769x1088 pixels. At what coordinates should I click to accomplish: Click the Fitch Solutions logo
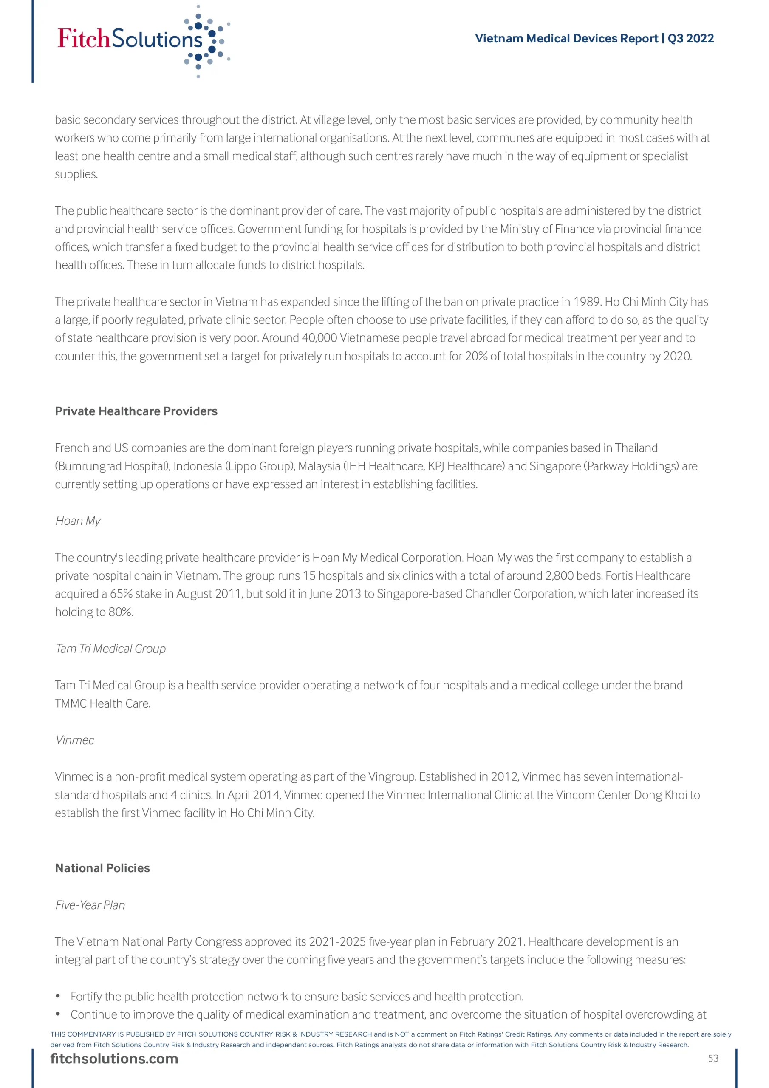142,40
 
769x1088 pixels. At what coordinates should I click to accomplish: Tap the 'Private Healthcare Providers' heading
136,411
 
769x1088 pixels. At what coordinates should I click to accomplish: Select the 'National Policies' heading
102,868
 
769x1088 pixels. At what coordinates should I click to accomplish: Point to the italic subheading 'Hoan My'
78,521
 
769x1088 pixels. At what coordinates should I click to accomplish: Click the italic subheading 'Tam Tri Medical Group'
110,648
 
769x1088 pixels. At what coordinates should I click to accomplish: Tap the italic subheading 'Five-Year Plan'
90,905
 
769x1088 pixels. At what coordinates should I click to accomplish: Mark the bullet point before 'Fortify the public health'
58,997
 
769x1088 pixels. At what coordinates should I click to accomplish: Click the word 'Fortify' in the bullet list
86,997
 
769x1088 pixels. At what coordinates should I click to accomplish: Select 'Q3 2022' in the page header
690,38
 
